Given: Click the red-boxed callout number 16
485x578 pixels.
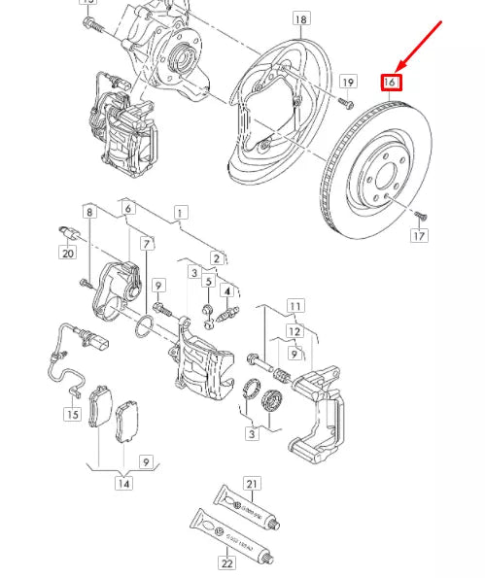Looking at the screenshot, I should coord(390,82).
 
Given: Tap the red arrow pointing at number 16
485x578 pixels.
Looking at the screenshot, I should coord(419,48).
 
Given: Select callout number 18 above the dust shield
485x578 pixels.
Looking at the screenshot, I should coord(300,19).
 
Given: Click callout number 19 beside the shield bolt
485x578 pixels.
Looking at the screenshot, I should coord(348,82).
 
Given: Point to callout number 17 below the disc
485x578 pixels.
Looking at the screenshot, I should coord(420,236).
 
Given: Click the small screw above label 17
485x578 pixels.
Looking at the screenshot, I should coord(419,214).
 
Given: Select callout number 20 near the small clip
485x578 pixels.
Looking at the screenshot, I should coord(67,254).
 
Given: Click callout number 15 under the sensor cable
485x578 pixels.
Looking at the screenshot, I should coord(73,415).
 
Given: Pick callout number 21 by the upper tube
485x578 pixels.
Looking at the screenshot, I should coord(253,484).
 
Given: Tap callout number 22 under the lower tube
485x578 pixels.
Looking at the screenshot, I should coord(227,563).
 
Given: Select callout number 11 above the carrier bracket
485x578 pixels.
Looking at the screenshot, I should coord(295,306).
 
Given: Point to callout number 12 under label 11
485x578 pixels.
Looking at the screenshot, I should coord(295,330).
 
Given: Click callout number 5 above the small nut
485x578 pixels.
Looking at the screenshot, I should coord(207,283).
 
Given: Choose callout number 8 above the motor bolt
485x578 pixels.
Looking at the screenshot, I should coord(89,212).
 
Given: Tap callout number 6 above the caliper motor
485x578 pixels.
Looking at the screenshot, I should coord(128,209).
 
